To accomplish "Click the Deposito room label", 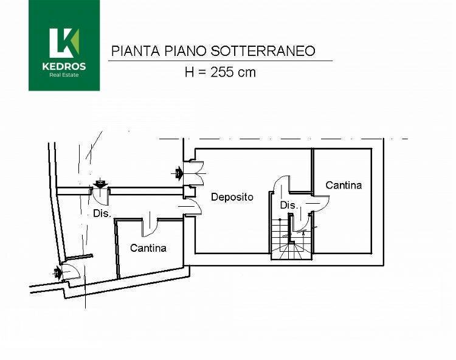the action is point(232,197).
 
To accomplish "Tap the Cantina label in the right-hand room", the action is point(344,185).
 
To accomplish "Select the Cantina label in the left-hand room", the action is point(148,248).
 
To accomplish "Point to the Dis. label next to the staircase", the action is point(289,206).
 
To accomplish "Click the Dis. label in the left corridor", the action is point(102,213).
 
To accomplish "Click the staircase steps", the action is point(288,238).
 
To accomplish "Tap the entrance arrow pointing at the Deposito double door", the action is point(178,173).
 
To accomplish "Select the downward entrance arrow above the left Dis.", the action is point(100,184).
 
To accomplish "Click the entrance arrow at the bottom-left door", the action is point(57,273).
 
